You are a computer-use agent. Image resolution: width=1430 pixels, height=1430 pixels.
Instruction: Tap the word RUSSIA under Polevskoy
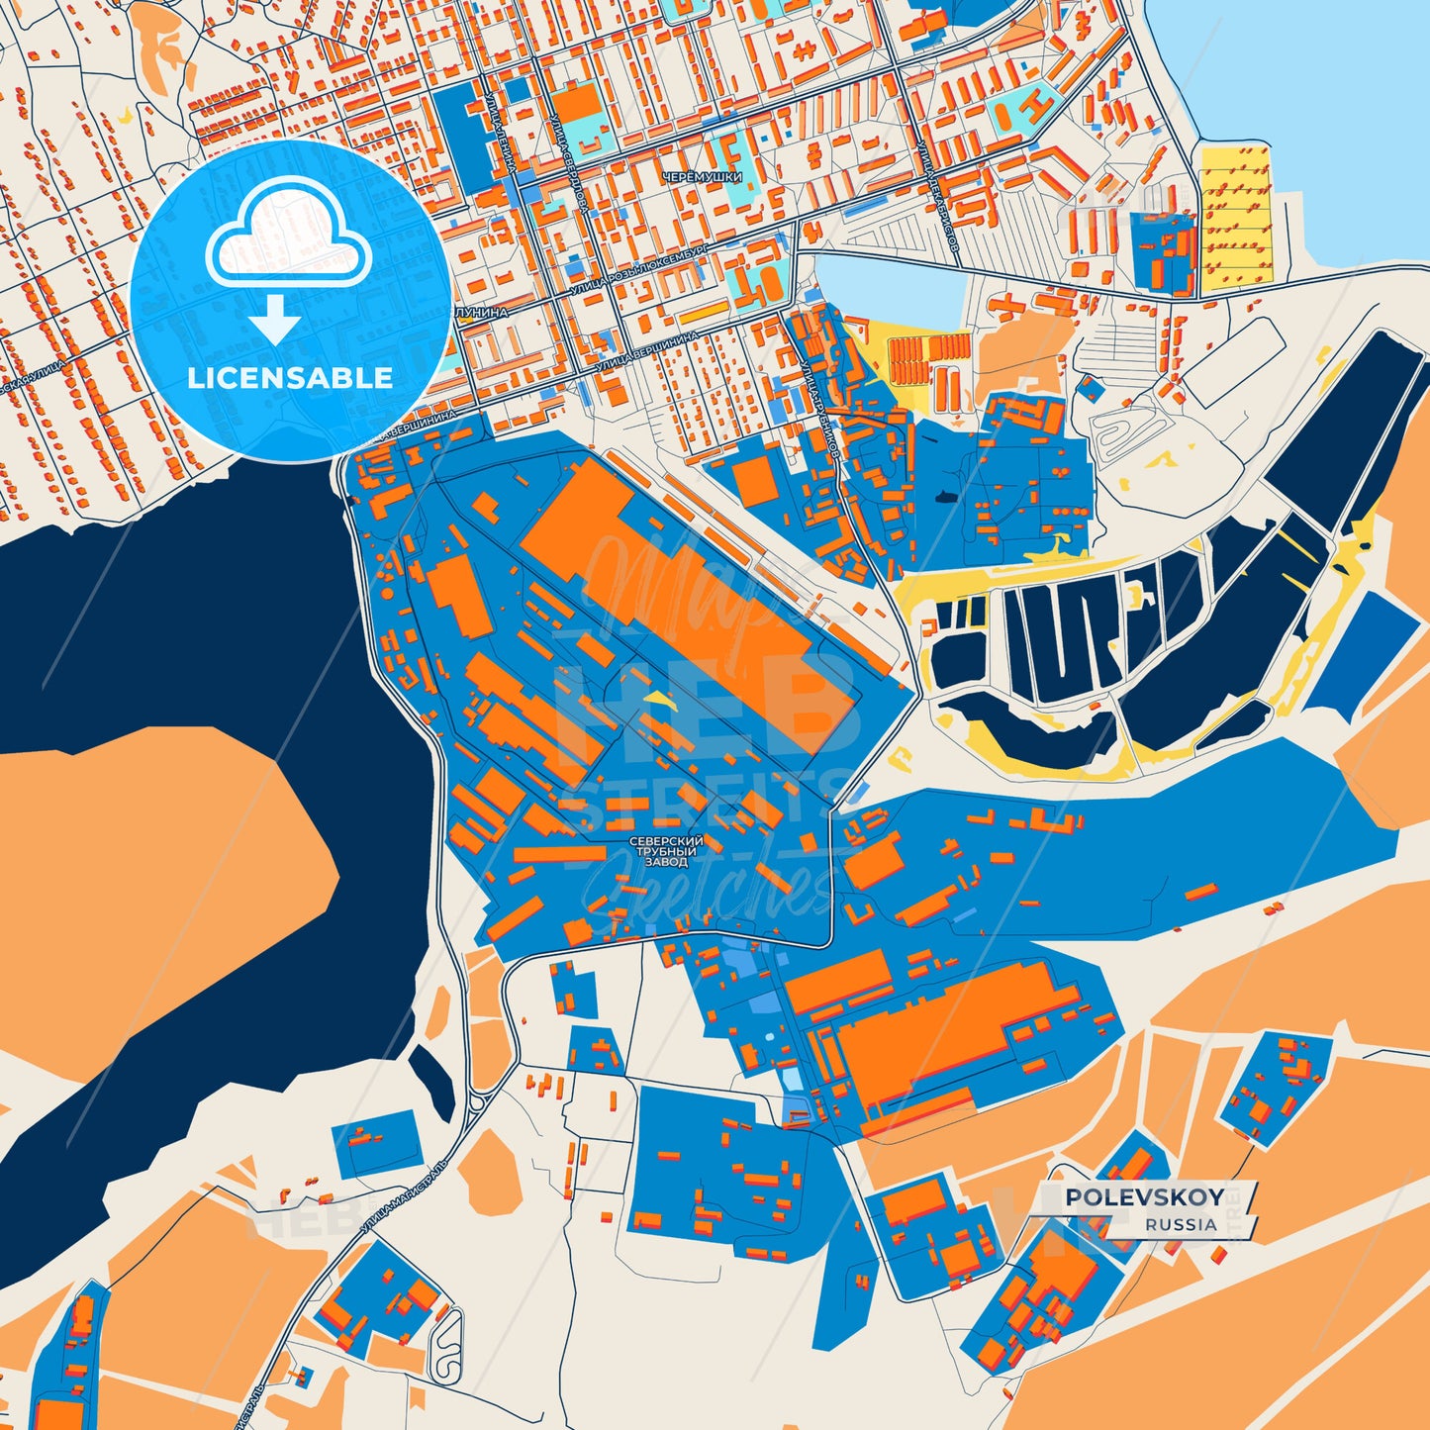click(1182, 1224)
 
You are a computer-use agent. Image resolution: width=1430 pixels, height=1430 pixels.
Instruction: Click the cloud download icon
click(288, 241)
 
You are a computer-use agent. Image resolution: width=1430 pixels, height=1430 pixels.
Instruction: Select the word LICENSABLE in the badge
click(291, 378)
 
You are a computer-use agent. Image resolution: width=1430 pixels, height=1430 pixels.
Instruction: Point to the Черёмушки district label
click(702, 177)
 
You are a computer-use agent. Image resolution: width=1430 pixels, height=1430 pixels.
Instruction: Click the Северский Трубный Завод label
click(666, 851)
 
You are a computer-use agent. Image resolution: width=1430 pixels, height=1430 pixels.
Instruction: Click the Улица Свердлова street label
click(571, 163)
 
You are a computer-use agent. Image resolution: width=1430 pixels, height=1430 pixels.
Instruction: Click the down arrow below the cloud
click(274, 323)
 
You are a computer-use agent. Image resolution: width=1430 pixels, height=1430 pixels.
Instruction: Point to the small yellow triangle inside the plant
click(656, 698)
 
